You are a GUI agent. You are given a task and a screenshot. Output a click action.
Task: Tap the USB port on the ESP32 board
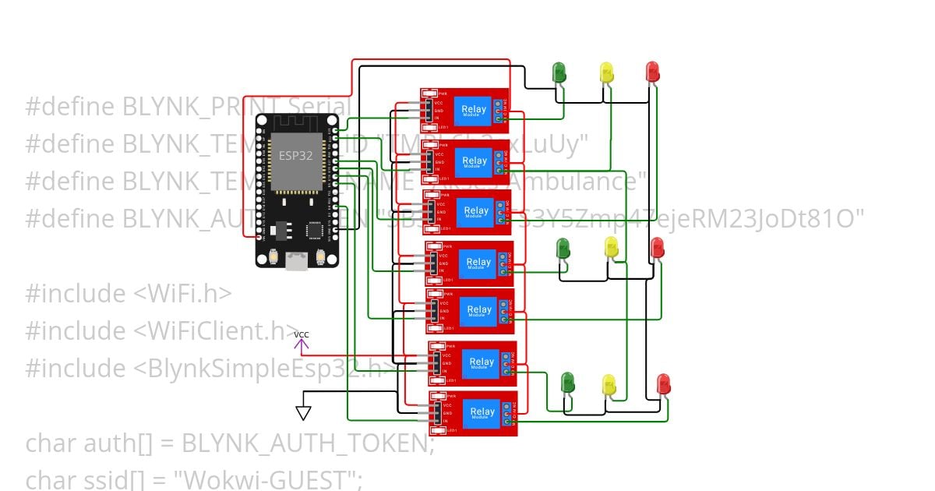click(296, 261)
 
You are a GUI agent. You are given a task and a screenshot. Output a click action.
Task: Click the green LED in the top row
click(559, 72)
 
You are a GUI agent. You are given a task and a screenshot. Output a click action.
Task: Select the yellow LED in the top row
click(607, 72)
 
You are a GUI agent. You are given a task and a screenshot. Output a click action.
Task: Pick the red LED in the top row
click(653, 71)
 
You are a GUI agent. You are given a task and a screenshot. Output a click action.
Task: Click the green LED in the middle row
click(563, 249)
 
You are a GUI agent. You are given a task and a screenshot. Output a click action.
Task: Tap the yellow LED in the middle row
click(612, 247)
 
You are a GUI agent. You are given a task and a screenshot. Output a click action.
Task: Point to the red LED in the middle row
click(658, 249)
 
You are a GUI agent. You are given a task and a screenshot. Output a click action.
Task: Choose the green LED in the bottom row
click(568, 382)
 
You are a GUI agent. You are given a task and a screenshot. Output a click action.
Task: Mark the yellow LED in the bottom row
click(609, 384)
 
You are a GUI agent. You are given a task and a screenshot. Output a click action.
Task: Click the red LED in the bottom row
click(663, 383)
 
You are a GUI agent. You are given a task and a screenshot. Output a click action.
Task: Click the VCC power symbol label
click(301, 335)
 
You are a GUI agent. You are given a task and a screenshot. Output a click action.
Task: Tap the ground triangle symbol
click(303, 413)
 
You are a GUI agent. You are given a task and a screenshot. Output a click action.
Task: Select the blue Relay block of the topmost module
click(474, 111)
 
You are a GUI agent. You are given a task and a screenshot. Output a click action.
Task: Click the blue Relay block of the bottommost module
click(482, 412)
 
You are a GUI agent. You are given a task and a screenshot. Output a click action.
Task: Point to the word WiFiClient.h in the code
click(215, 330)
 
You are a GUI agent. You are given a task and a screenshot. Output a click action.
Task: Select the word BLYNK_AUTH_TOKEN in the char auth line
click(307, 443)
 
